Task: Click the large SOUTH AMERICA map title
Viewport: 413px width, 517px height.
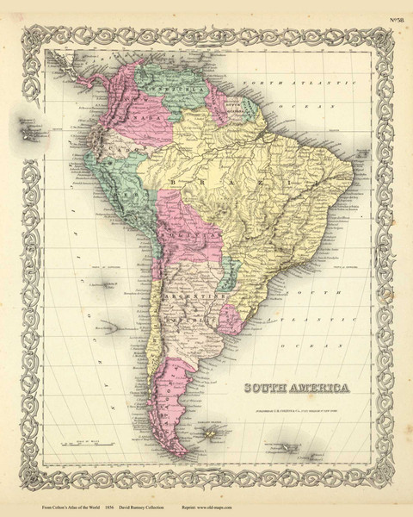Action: (x=297, y=388)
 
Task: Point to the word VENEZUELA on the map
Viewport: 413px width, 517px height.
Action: (x=166, y=87)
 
